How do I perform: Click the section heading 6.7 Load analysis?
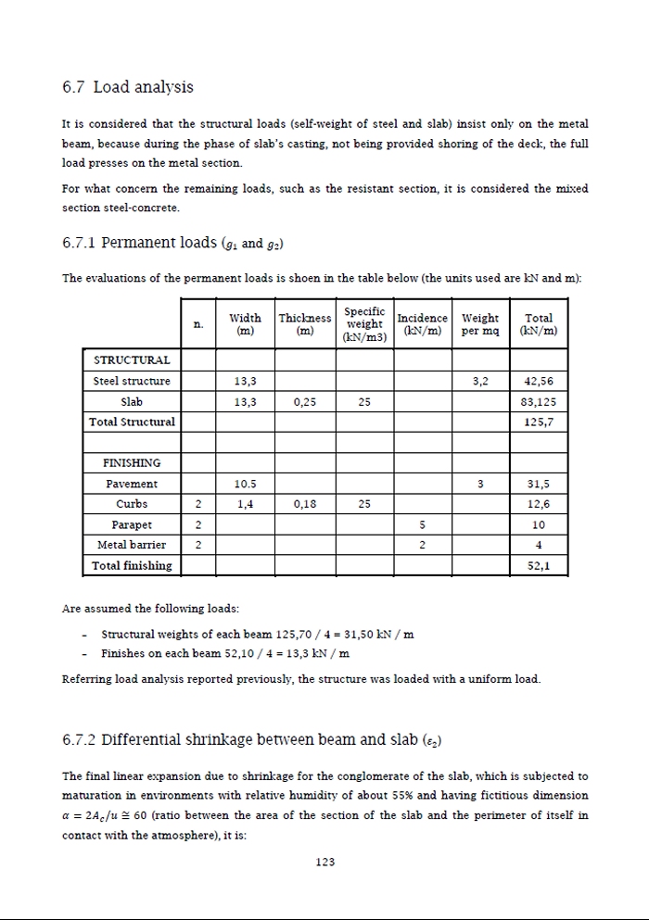[x=128, y=87]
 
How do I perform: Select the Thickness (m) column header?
[x=305, y=324]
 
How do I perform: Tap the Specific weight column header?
[x=364, y=324]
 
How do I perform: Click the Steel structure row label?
[x=132, y=381]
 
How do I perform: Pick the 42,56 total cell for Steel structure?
[x=539, y=381]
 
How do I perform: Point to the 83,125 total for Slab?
[x=539, y=402]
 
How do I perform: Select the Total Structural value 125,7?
[x=539, y=422]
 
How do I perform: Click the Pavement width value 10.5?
[x=245, y=484]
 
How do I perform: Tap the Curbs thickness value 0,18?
[x=305, y=504]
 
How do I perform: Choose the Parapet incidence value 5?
[x=422, y=524]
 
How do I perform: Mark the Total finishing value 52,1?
[x=539, y=565]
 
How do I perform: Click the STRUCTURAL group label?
[x=132, y=359]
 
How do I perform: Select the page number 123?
[x=324, y=862]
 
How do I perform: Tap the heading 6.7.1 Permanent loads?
[x=172, y=244]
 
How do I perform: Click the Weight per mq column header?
[x=480, y=324]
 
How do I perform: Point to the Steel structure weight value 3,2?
[x=480, y=381]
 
